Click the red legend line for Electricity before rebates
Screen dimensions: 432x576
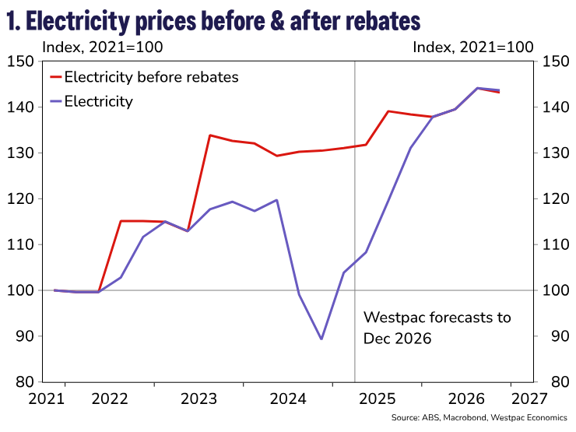pyautogui.click(x=56, y=77)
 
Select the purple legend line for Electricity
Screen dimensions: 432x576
pyautogui.click(x=56, y=101)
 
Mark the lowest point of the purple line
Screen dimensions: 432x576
pyautogui.click(x=321, y=339)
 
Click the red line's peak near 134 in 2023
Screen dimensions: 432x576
pyautogui.click(x=210, y=135)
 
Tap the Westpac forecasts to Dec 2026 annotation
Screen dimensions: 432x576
pyautogui.click(x=437, y=328)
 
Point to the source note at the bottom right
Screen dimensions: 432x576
pyautogui.click(x=479, y=420)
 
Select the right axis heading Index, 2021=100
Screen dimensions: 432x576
pyautogui.click(x=472, y=47)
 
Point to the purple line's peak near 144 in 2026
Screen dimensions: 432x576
pyautogui.click(x=476, y=88)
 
